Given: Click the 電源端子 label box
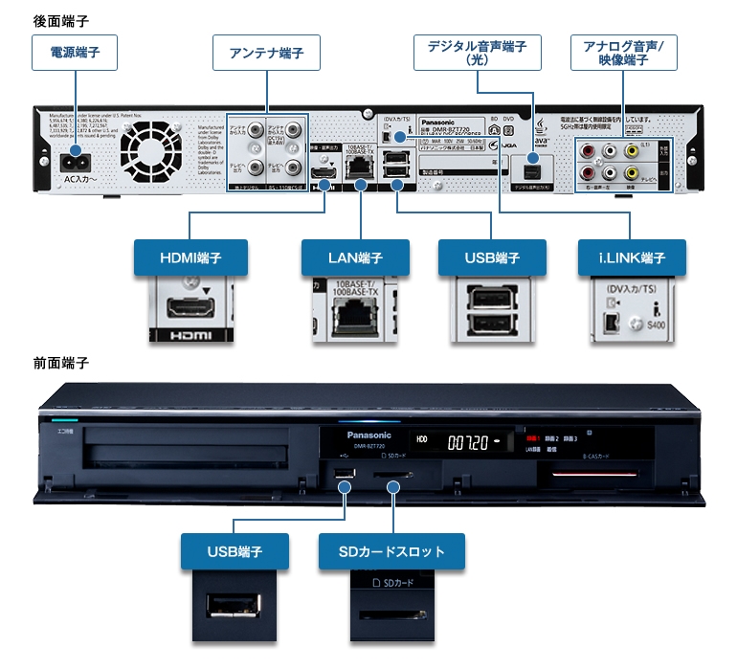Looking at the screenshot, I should pos(75,55).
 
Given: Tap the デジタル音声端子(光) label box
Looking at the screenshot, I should pos(477,53).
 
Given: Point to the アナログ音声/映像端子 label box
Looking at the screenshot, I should pos(623,53).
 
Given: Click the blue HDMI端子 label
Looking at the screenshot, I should pos(190,257).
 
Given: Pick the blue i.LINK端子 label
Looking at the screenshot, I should pos(635,257).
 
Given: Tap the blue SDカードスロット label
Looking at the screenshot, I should pos(392,551).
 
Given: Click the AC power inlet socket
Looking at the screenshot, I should pos(75,159).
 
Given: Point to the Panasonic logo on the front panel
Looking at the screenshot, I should pos(362,434).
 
